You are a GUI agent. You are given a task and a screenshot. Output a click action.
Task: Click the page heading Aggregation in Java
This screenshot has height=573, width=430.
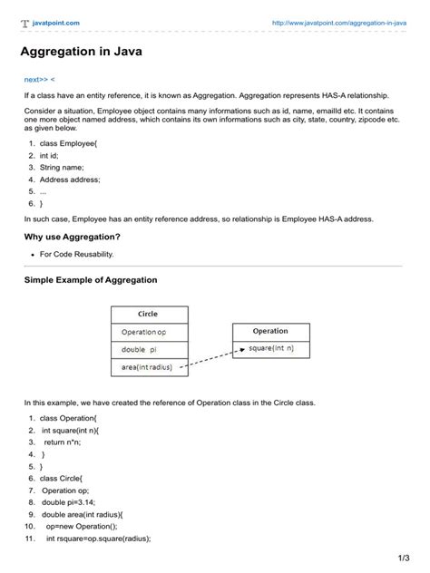point(80,52)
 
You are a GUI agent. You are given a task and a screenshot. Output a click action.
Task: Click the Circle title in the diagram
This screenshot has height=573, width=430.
point(148,314)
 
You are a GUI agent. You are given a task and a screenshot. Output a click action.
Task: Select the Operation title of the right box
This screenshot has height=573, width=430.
point(269,331)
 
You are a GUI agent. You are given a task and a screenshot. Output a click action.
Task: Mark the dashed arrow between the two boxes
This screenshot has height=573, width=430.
point(210,359)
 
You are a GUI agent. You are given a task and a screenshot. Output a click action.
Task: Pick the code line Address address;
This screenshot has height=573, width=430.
point(70,180)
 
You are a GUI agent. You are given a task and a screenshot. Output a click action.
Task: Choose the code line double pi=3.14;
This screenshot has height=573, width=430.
point(73,500)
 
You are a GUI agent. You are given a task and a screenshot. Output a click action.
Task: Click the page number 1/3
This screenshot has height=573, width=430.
point(403,556)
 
